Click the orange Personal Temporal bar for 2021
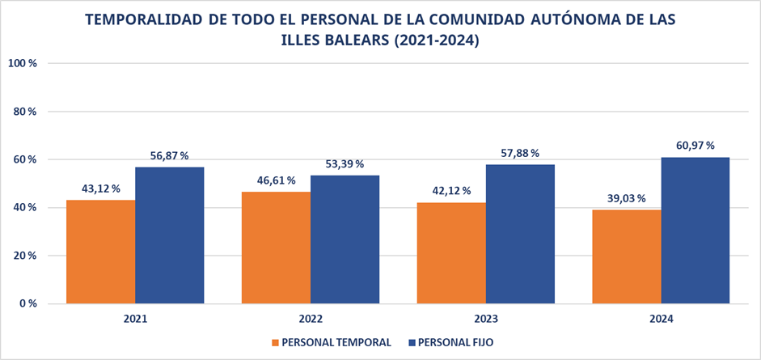coord(100,252)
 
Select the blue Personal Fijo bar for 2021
coord(169,235)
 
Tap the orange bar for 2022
coord(276,248)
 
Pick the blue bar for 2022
coord(345,239)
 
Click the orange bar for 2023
coord(451,253)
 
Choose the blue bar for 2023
coord(519,235)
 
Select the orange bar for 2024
coord(626,256)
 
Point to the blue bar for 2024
coord(695,231)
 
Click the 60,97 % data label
coord(695,146)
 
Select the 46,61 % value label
coord(275,180)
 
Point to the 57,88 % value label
coord(519,153)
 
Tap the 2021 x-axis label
coord(135,320)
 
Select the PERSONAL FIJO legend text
coord(456,342)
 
